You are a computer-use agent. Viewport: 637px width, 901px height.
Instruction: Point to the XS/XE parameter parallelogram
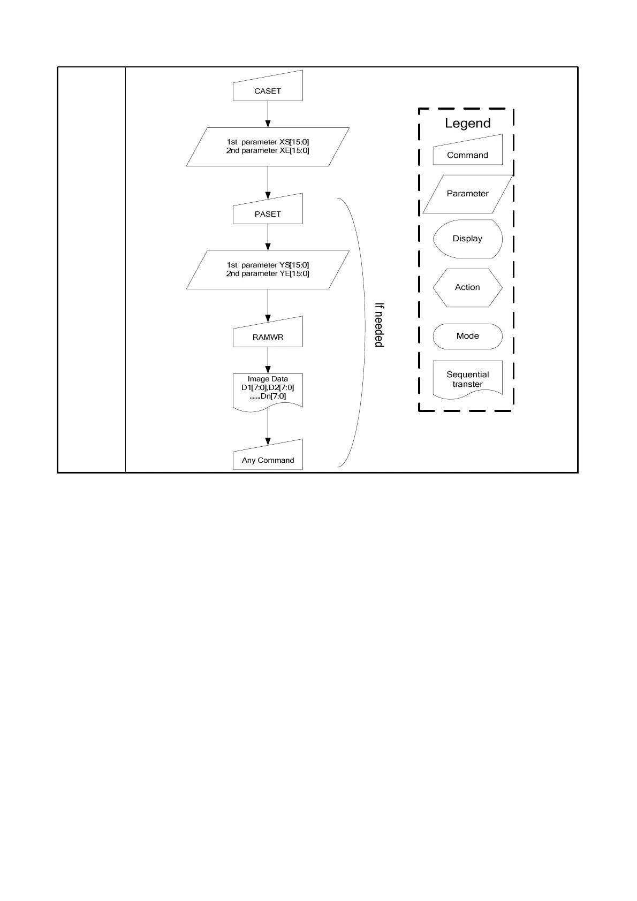[268, 147]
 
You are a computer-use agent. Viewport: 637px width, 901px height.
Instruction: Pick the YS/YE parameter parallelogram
[268, 270]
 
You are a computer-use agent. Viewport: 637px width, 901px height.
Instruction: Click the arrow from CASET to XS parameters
[268, 114]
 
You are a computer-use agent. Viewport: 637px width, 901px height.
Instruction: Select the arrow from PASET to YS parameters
[268, 237]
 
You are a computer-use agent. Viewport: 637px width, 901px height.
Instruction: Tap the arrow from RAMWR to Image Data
[268, 360]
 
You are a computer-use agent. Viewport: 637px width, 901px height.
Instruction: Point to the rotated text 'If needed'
[379, 325]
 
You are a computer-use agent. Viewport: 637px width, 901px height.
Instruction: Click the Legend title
[467, 123]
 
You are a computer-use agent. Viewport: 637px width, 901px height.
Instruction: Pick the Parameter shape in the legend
[467, 194]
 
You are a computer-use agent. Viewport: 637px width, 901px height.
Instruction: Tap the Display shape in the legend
[467, 239]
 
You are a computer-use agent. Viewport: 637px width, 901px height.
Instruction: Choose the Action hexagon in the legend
[467, 287]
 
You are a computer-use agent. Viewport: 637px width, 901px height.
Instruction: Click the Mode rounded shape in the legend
[467, 336]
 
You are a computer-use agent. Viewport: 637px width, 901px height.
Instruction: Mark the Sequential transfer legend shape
[467, 379]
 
